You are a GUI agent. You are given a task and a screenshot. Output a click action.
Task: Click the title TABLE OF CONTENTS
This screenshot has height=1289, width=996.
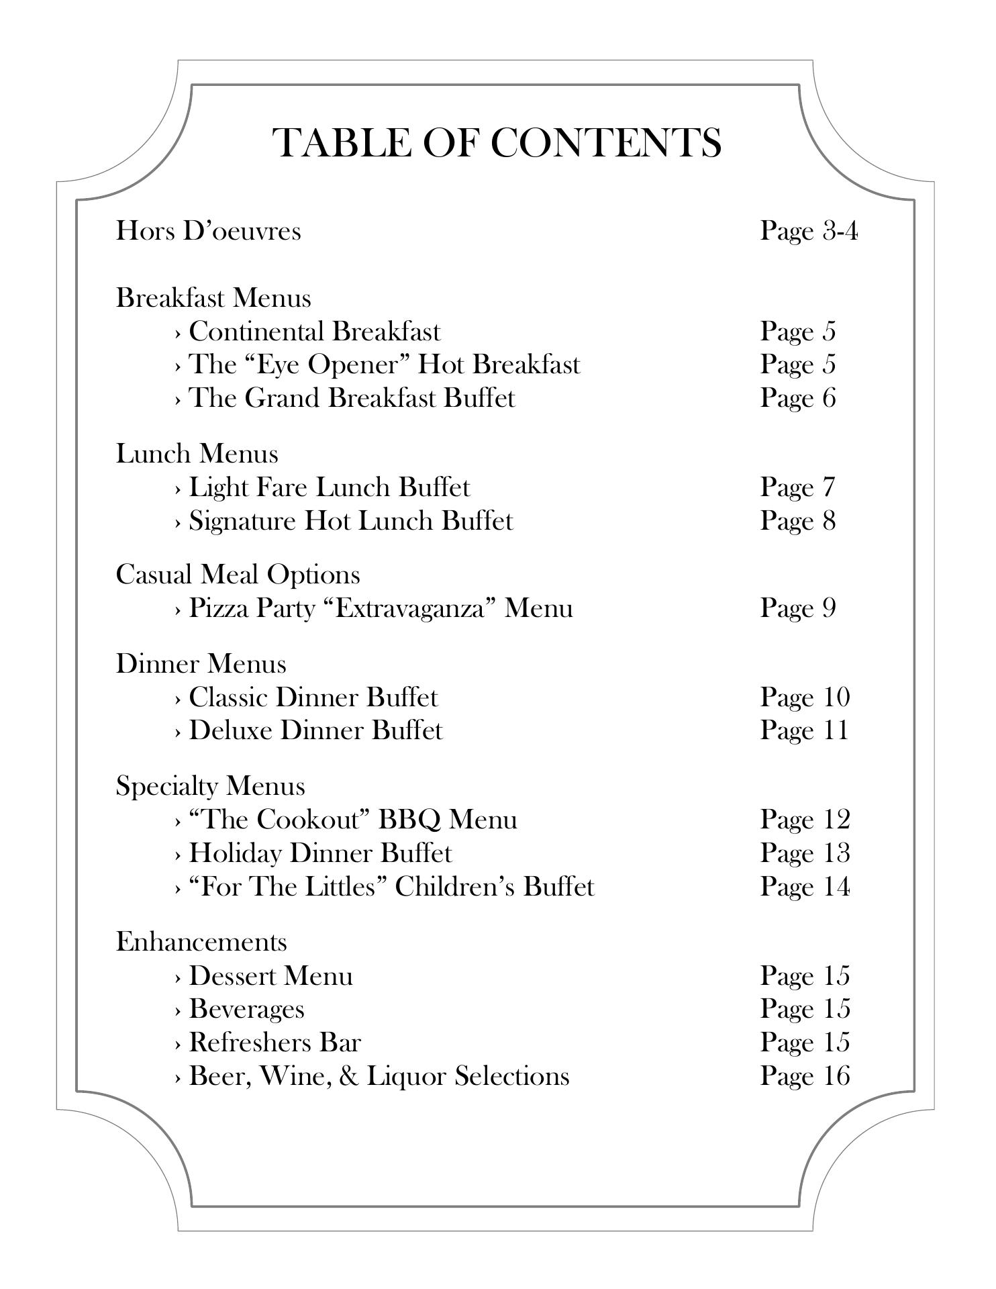click(x=497, y=142)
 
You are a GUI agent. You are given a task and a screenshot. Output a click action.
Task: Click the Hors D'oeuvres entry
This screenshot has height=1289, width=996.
click(x=209, y=231)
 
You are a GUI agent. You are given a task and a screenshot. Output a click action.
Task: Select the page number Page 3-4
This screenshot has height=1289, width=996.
click(x=808, y=231)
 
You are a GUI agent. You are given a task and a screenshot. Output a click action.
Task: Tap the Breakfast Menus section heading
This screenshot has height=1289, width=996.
click(x=213, y=297)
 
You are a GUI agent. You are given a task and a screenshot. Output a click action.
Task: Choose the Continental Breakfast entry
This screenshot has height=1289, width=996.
click(x=314, y=332)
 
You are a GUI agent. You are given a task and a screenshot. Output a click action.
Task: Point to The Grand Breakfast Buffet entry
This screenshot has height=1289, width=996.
click(x=352, y=398)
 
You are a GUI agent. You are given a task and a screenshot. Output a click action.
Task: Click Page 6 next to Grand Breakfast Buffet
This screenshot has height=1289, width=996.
click(x=797, y=398)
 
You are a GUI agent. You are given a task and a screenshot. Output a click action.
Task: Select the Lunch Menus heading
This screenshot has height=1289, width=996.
click(x=197, y=454)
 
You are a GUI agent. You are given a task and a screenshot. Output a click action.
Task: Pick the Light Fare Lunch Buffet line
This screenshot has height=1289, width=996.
click(x=329, y=487)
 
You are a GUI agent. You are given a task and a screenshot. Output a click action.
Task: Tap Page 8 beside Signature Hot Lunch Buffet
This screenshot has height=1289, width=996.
click(x=797, y=521)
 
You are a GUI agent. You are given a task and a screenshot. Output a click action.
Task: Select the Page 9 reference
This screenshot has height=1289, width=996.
click(x=797, y=608)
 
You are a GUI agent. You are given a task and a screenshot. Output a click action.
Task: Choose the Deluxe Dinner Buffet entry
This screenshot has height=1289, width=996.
click(x=315, y=730)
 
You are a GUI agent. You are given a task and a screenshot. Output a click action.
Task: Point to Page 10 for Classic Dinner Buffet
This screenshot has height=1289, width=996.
click(x=804, y=698)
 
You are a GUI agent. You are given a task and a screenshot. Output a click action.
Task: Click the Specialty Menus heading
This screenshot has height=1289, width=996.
click(x=210, y=786)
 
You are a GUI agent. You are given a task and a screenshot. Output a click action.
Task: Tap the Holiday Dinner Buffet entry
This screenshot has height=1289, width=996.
click(x=320, y=853)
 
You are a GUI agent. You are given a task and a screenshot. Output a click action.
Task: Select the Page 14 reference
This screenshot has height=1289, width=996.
click(x=804, y=887)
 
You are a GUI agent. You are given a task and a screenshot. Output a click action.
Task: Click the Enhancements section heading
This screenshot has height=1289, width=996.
click(x=201, y=942)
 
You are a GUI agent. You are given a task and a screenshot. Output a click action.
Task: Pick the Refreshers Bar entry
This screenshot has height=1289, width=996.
click(x=275, y=1043)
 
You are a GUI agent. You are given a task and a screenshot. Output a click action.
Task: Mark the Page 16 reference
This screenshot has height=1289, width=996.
click(x=804, y=1076)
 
